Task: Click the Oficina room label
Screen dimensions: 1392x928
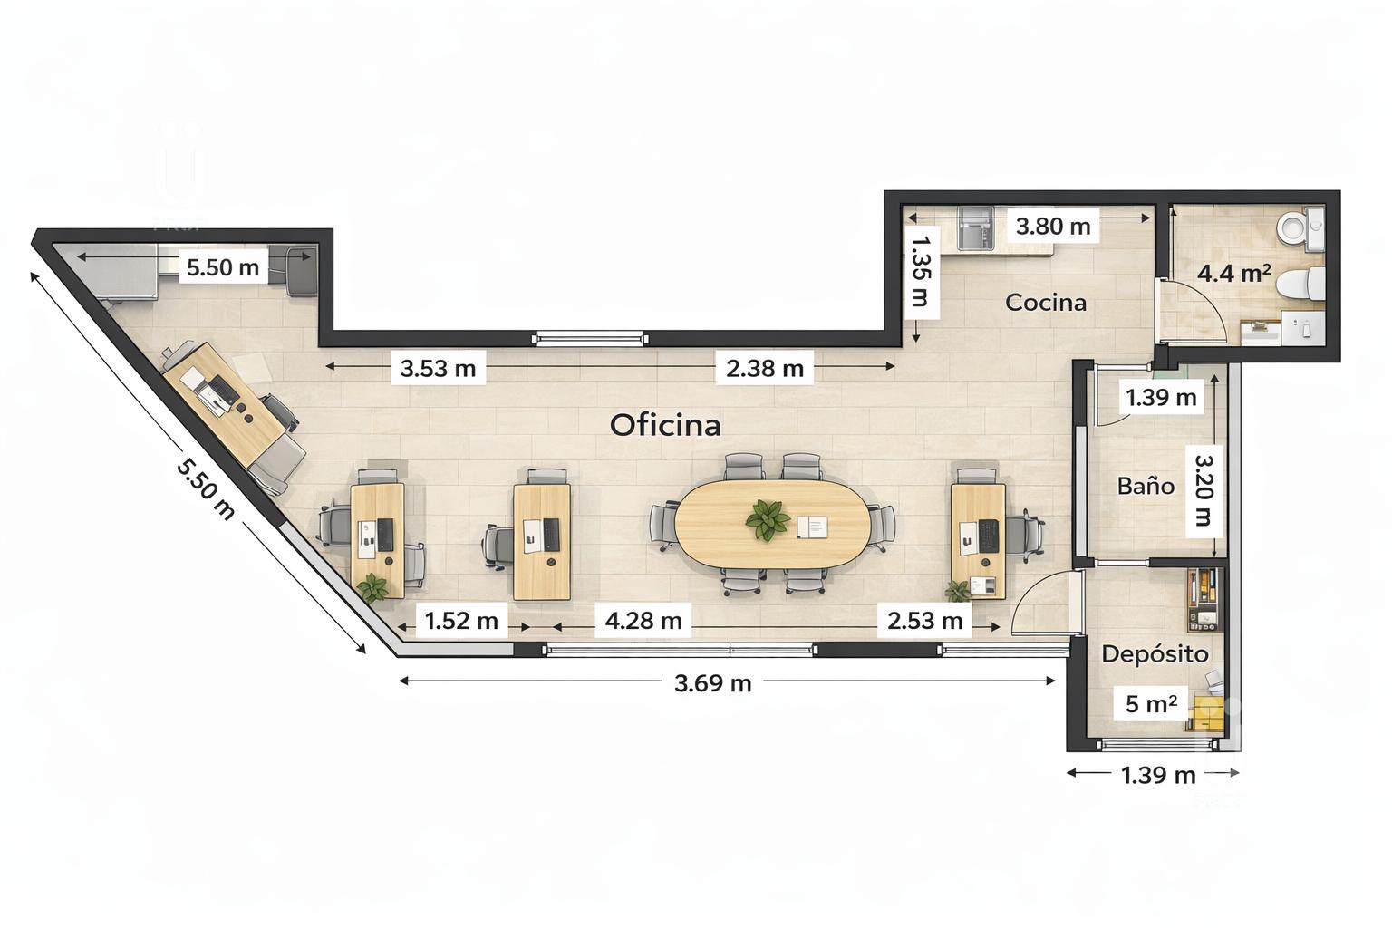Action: click(x=665, y=425)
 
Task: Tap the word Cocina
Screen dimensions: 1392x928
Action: click(x=1046, y=303)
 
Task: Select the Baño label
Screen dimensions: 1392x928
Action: click(x=1145, y=486)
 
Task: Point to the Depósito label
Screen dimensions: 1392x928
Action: click(x=1155, y=654)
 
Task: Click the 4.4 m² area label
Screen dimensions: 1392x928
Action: click(x=1234, y=273)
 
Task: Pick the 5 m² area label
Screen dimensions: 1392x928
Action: click(x=1151, y=703)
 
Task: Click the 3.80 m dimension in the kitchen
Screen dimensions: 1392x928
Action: click(x=1053, y=227)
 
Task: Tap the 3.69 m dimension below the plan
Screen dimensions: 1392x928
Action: click(x=713, y=683)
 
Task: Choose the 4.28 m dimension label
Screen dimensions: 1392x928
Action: click(x=643, y=620)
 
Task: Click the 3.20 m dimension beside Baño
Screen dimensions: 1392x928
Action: click(x=1203, y=490)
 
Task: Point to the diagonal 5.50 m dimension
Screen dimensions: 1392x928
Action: click(x=205, y=488)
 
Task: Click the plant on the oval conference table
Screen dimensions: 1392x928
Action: click(x=768, y=519)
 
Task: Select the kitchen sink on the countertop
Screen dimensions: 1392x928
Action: click(x=976, y=228)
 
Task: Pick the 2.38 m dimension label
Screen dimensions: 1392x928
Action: click(x=764, y=369)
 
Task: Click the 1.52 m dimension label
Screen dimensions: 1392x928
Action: click(x=461, y=620)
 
